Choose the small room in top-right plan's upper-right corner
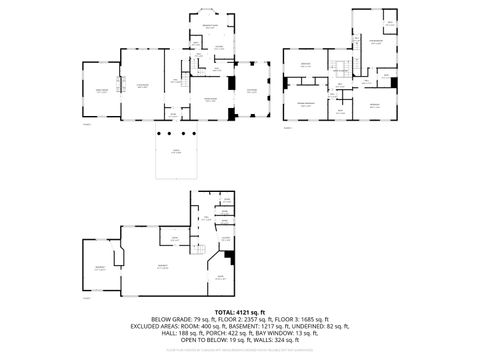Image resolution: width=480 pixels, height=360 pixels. pyautogui.click(x=389, y=21)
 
